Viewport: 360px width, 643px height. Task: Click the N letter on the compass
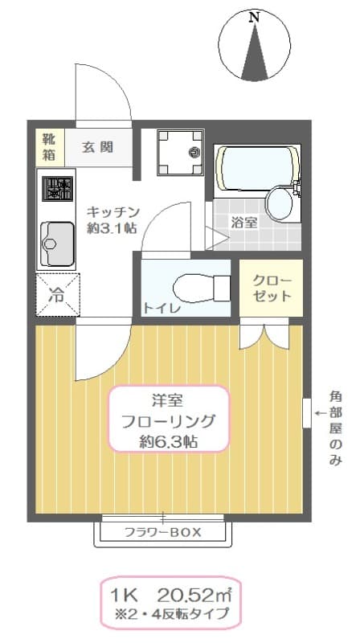(x=255, y=16)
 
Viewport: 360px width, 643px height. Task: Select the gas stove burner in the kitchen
(x=56, y=190)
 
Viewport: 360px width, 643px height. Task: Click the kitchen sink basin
(x=55, y=242)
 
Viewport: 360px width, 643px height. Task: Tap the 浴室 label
(x=243, y=223)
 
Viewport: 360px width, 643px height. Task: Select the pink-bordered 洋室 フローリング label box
(x=168, y=420)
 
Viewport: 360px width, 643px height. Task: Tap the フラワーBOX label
(x=163, y=532)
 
